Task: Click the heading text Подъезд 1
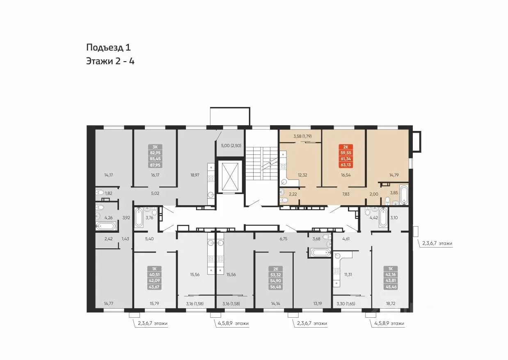coord(108,47)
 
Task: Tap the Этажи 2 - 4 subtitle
coord(110,61)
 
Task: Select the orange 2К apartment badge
coord(346,156)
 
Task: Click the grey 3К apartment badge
coord(155,156)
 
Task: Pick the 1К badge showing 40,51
coord(154,277)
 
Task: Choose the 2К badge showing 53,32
coord(276,278)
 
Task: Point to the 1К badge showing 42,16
coord(391,277)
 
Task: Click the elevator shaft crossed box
coord(230,177)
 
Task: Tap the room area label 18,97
coord(195,175)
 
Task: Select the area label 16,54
coord(346,175)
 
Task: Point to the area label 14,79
coord(394,175)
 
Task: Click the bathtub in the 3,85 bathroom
coord(403,195)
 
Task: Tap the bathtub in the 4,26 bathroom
coord(105,226)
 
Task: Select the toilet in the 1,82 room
coord(99,193)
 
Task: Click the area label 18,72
coord(391,303)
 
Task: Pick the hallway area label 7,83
coord(346,194)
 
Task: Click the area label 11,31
coord(348,275)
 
